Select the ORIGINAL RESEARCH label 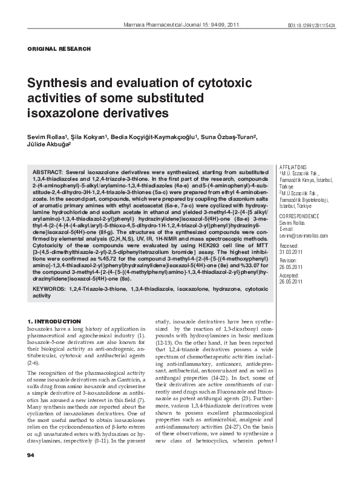pyautogui.click(x=60, y=48)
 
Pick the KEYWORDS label pyautogui.click(x=50, y=290)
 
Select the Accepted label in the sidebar pyautogui.click(x=289, y=275)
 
